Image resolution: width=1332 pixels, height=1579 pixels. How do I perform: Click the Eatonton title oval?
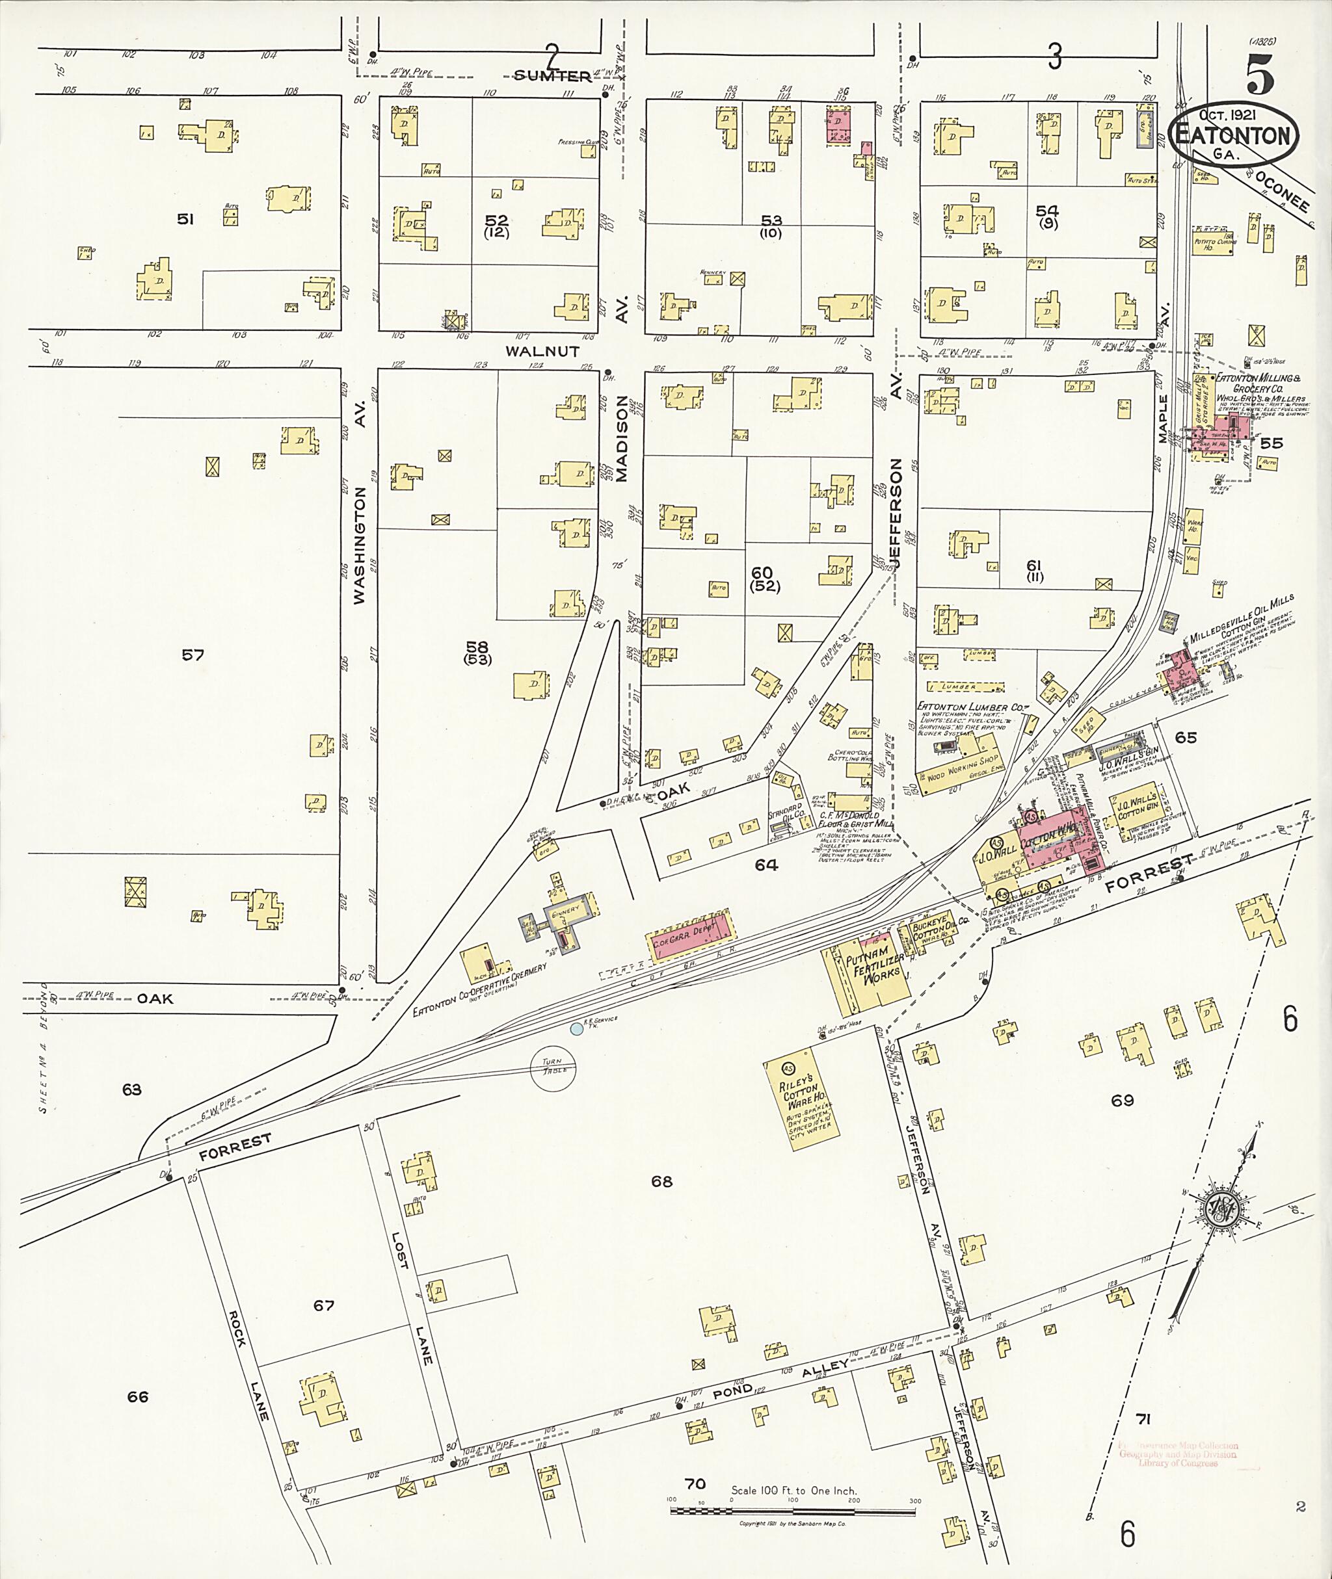1234,135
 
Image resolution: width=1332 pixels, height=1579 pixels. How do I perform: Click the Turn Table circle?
553,1067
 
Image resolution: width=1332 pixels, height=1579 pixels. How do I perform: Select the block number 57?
193,655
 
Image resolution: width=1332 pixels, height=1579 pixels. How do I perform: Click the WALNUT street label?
542,351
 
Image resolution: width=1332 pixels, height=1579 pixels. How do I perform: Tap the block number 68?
661,1181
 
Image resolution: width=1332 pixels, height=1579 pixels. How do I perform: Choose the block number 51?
185,219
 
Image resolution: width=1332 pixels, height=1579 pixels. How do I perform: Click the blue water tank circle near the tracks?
576,1028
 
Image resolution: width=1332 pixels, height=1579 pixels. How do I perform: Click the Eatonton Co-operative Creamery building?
477,965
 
